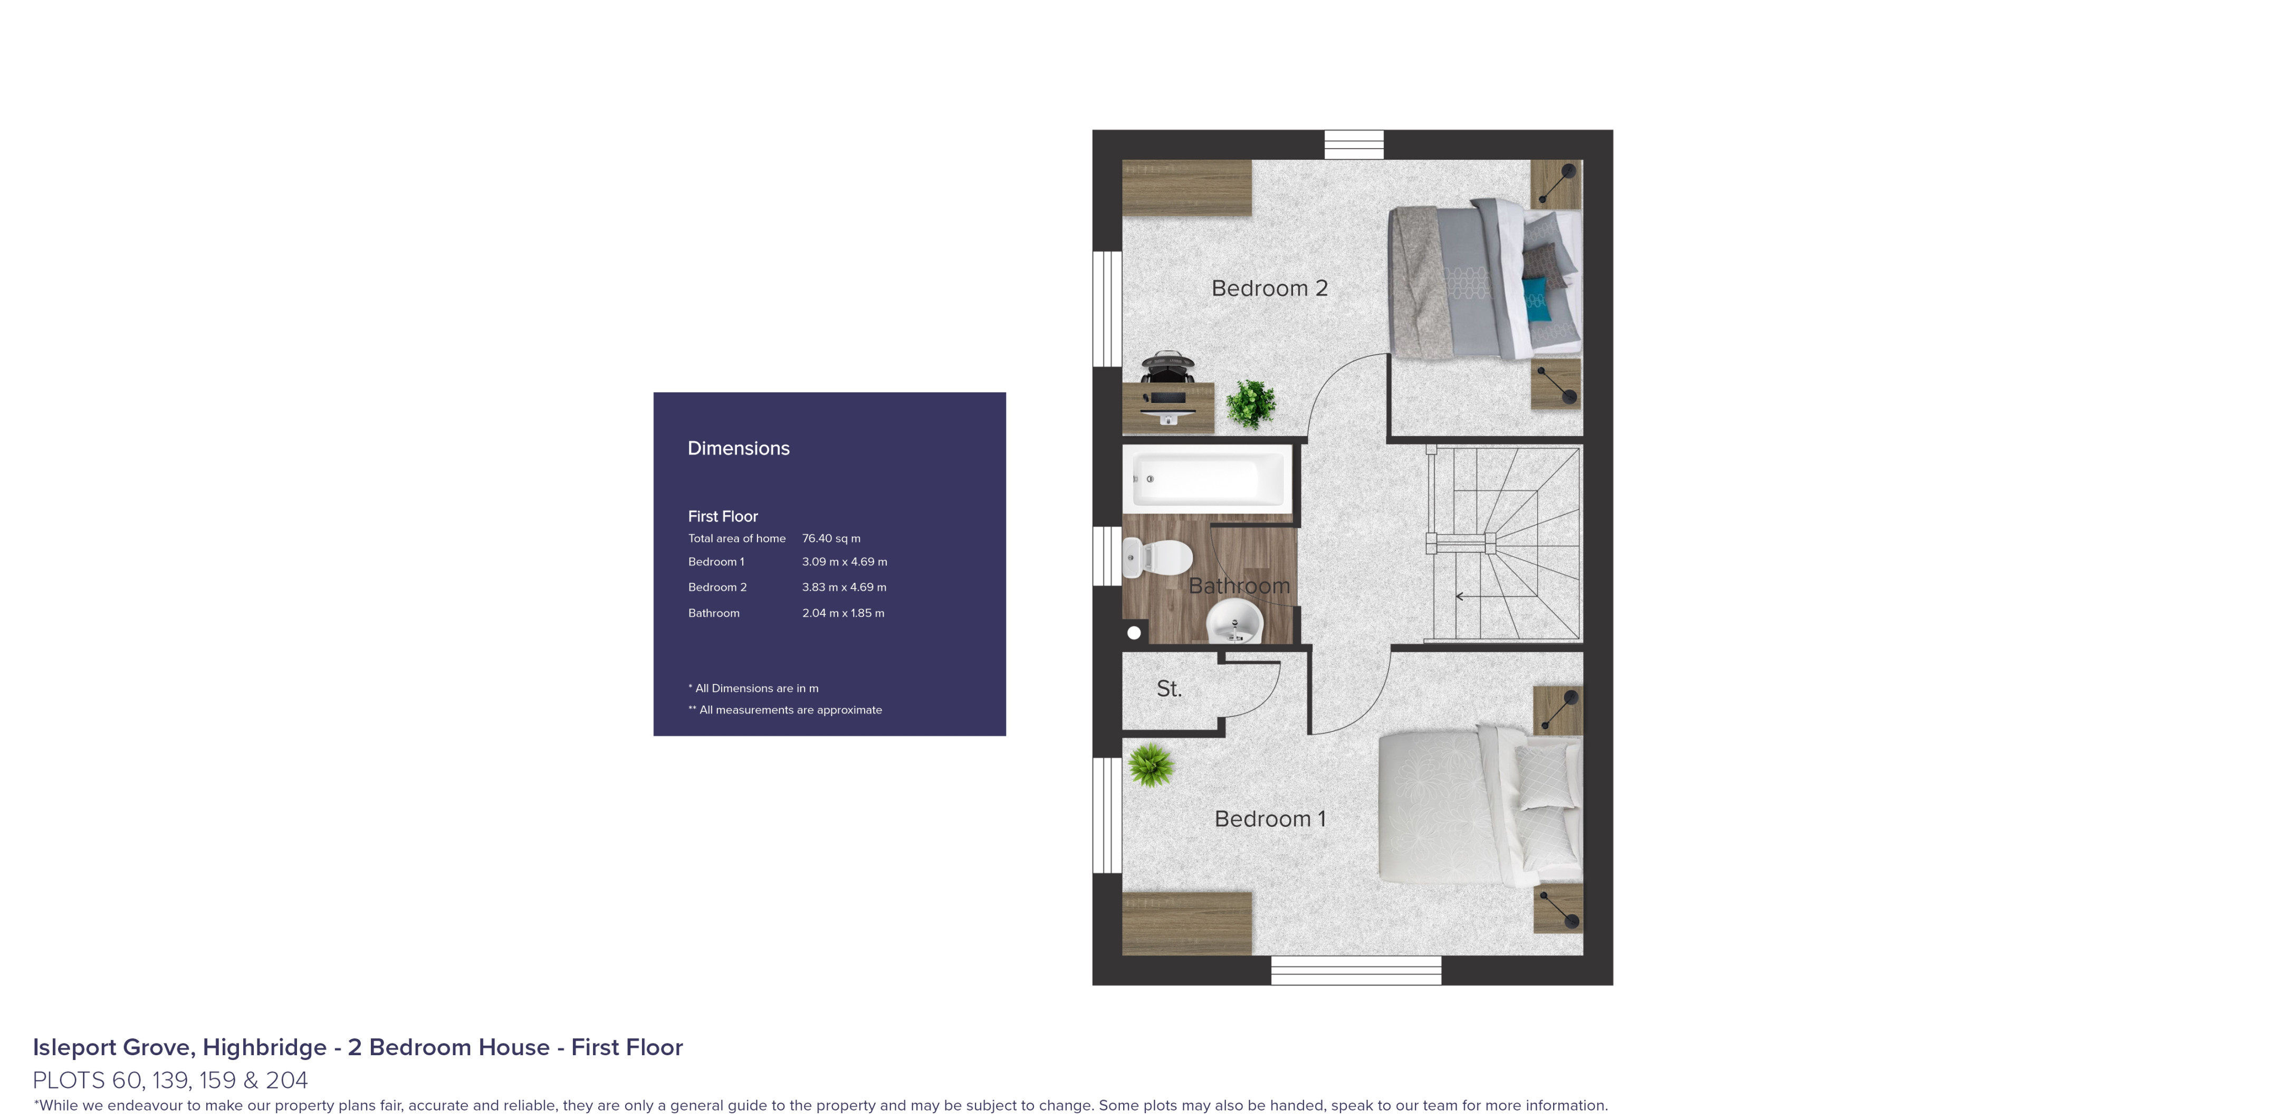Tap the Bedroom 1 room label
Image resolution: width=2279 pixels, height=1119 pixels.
pyautogui.click(x=1270, y=819)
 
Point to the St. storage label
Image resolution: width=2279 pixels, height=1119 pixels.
pyautogui.click(x=1169, y=688)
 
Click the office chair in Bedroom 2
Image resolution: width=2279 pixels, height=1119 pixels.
pyautogui.click(x=1167, y=366)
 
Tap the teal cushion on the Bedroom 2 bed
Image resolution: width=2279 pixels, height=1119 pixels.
pyautogui.click(x=1536, y=298)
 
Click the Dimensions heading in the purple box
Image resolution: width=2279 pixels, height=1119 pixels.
pyautogui.click(x=739, y=448)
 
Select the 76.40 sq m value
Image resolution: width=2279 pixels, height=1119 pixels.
pyautogui.click(x=831, y=538)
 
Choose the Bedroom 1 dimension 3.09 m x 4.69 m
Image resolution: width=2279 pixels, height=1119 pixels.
pyautogui.click(x=844, y=562)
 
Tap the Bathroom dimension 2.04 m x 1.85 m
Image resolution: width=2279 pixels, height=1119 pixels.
pyautogui.click(x=843, y=613)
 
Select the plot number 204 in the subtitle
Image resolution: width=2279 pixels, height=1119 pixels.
pyautogui.click(x=286, y=1080)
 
